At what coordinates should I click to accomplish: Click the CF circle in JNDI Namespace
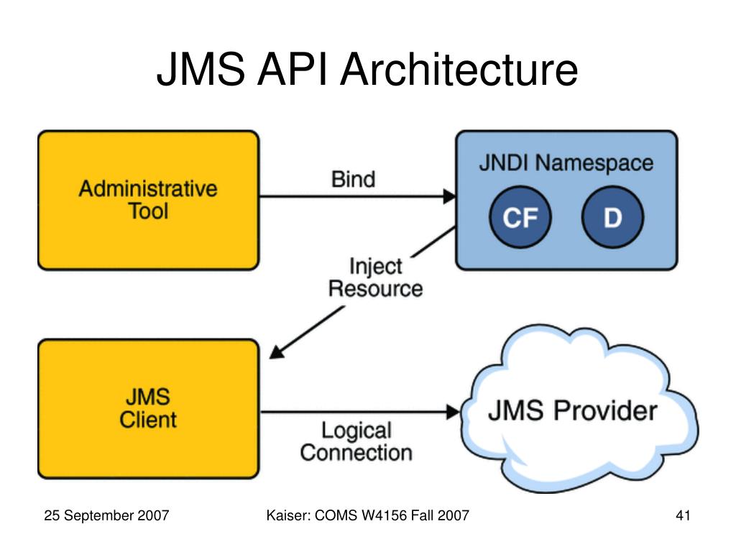point(520,217)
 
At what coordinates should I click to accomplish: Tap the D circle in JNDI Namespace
point(612,217)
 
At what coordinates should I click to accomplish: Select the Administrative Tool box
point(148,200)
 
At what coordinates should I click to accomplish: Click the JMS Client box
point(148,408)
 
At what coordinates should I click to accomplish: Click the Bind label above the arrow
point(354,179)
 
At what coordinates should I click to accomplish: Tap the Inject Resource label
point(375,277)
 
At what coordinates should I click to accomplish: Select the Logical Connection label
point(356,442)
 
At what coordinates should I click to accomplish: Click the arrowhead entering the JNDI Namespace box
point(449,196)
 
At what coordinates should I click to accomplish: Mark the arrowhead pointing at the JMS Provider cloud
point(453,412)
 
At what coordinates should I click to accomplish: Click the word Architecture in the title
point(459,70)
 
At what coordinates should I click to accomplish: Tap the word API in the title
point(291,70)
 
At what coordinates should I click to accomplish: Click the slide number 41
point(683,515)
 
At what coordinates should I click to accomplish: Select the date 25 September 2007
point(106,515)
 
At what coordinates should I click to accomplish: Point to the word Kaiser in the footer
point(288,515)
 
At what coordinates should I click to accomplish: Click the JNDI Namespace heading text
point(566,163)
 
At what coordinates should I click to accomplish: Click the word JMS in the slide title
point(201,70)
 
